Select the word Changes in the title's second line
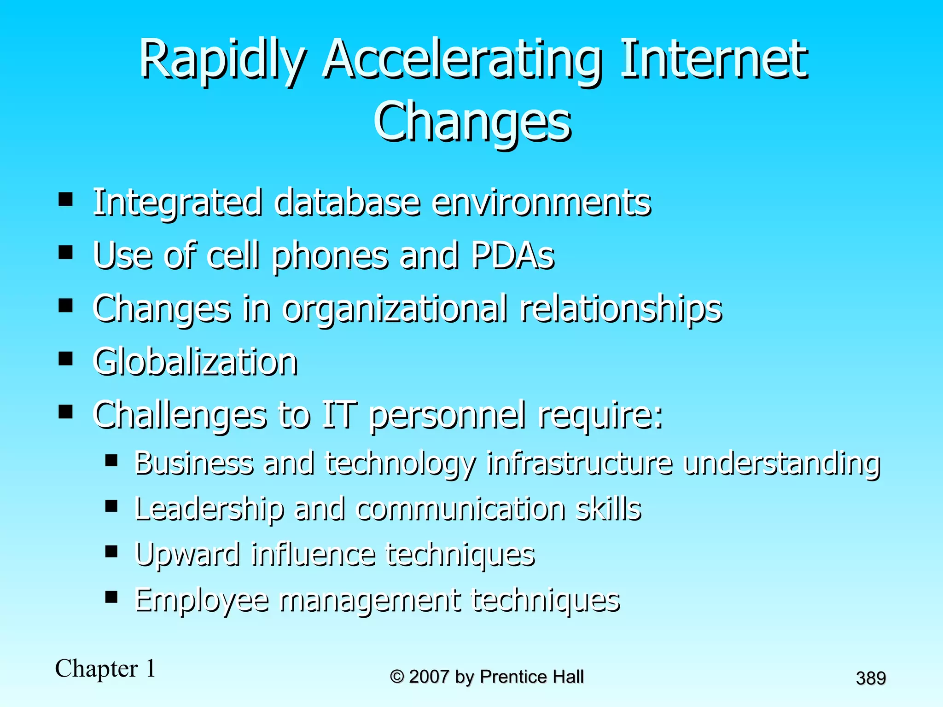point(472,122)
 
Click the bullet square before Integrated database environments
point(66,199)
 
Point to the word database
point(347,203)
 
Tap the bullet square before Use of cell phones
point(66,252)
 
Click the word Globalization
point(195,362)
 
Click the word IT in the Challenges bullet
point(339,415)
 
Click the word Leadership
point(210,509)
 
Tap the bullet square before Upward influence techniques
point(111,551)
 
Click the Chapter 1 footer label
point(105,668)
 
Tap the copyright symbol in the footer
point(397,677)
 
